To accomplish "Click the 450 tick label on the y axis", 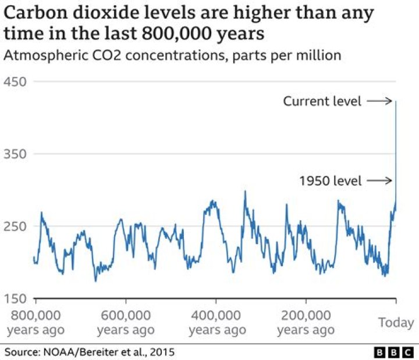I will (x=16, y=82).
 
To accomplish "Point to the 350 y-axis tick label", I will (x=16, y=154).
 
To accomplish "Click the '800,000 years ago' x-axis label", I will (x=36, y=323).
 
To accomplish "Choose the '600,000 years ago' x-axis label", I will (x=126, y=323).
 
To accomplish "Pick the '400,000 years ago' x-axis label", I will (x=216, y=323).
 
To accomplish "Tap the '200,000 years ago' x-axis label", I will (x=306, y=323).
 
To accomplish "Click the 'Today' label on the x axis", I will (x=396, y=322).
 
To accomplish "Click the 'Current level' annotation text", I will (x=322, y=101).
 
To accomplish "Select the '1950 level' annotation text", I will (x=330, y=181).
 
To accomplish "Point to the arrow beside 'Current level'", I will (x=381, y=101).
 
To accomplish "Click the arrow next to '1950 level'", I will (x=381, y=181).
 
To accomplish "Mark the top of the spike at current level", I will (x=396, y=102).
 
